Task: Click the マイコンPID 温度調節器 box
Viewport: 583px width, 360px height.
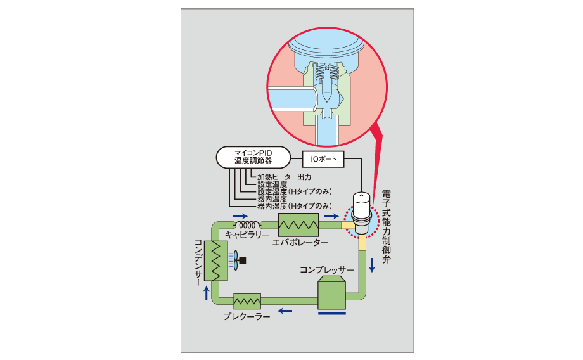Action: [253, 157]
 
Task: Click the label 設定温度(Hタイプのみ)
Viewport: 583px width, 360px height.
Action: [295, 191]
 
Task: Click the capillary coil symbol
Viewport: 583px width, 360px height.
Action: [248, 224]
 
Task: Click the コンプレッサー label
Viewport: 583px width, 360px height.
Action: [327, 271]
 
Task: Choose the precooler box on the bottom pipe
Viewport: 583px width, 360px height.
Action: [247, 300]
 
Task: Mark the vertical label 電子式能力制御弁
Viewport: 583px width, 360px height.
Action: [387, 231]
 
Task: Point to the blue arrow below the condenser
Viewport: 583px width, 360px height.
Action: [205, 292]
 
